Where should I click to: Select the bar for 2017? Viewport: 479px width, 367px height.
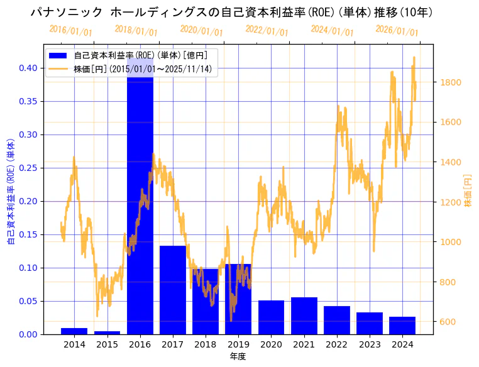172,290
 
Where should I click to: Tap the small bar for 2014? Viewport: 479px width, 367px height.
74,331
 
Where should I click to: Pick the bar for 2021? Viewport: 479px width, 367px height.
304,315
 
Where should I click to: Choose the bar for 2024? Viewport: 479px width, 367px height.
402,326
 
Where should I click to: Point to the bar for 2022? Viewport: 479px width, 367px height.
336,320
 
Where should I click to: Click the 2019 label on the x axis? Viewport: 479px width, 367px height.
238,344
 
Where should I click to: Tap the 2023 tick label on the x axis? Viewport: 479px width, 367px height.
370,344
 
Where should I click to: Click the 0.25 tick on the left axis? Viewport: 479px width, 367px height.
27,168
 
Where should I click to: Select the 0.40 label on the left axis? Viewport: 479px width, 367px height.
27,68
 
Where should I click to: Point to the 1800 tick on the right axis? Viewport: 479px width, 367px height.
451,82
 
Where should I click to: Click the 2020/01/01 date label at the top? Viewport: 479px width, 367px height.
202,31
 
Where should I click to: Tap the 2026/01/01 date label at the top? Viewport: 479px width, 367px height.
397,31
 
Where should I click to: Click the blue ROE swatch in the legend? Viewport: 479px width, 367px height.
60,55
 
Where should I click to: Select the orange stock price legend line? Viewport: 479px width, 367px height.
60,68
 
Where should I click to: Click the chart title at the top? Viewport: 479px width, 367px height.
232,12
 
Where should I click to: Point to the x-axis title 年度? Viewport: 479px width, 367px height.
238,356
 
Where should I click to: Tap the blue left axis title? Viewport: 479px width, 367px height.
10,192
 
